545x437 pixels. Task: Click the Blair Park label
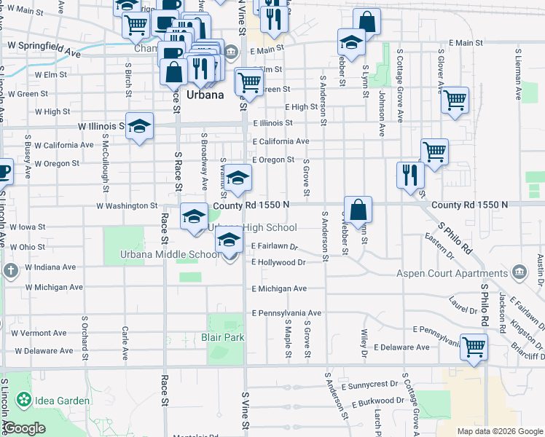pos(223,337)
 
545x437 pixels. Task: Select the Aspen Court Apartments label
pos(452,274)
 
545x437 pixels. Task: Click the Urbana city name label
pos(204,95)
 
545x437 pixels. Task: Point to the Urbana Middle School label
pos(170,254)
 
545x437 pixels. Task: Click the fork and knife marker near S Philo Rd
pos(410,174)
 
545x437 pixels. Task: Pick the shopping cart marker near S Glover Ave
pos(455,100)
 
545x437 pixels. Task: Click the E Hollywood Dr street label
pos(278,261)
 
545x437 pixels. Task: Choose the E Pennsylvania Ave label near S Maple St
pos(286,312)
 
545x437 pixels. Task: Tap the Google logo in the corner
pos(24,428)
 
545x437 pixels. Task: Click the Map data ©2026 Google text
pos(499,431)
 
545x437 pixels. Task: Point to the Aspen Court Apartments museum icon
pos(520,274)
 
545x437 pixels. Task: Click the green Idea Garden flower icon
pos(24,400)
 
